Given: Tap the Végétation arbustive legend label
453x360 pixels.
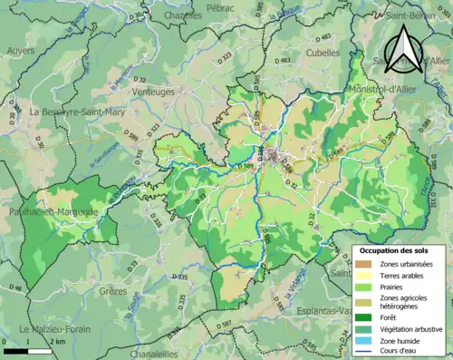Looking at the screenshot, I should tap(409, 327).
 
